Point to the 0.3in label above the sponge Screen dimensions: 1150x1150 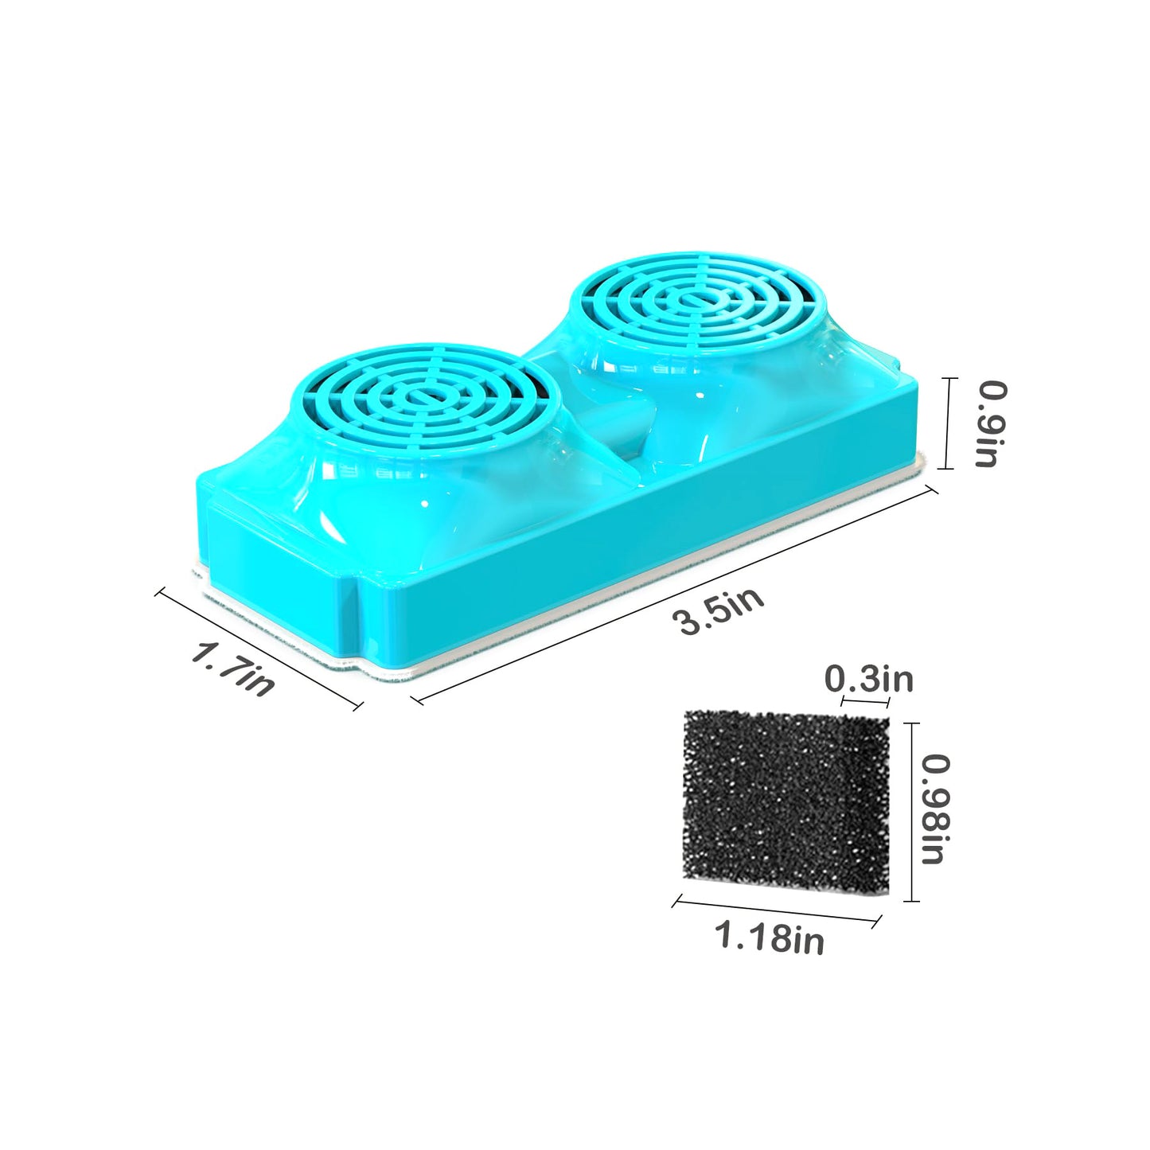[868, 680]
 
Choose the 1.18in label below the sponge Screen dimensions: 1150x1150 [770, 937]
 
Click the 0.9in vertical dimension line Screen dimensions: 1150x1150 [947, 424]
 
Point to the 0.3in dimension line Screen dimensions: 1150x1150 [865, 702]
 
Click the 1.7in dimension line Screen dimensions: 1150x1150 [259, 645]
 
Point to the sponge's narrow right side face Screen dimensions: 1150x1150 [866, 804]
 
